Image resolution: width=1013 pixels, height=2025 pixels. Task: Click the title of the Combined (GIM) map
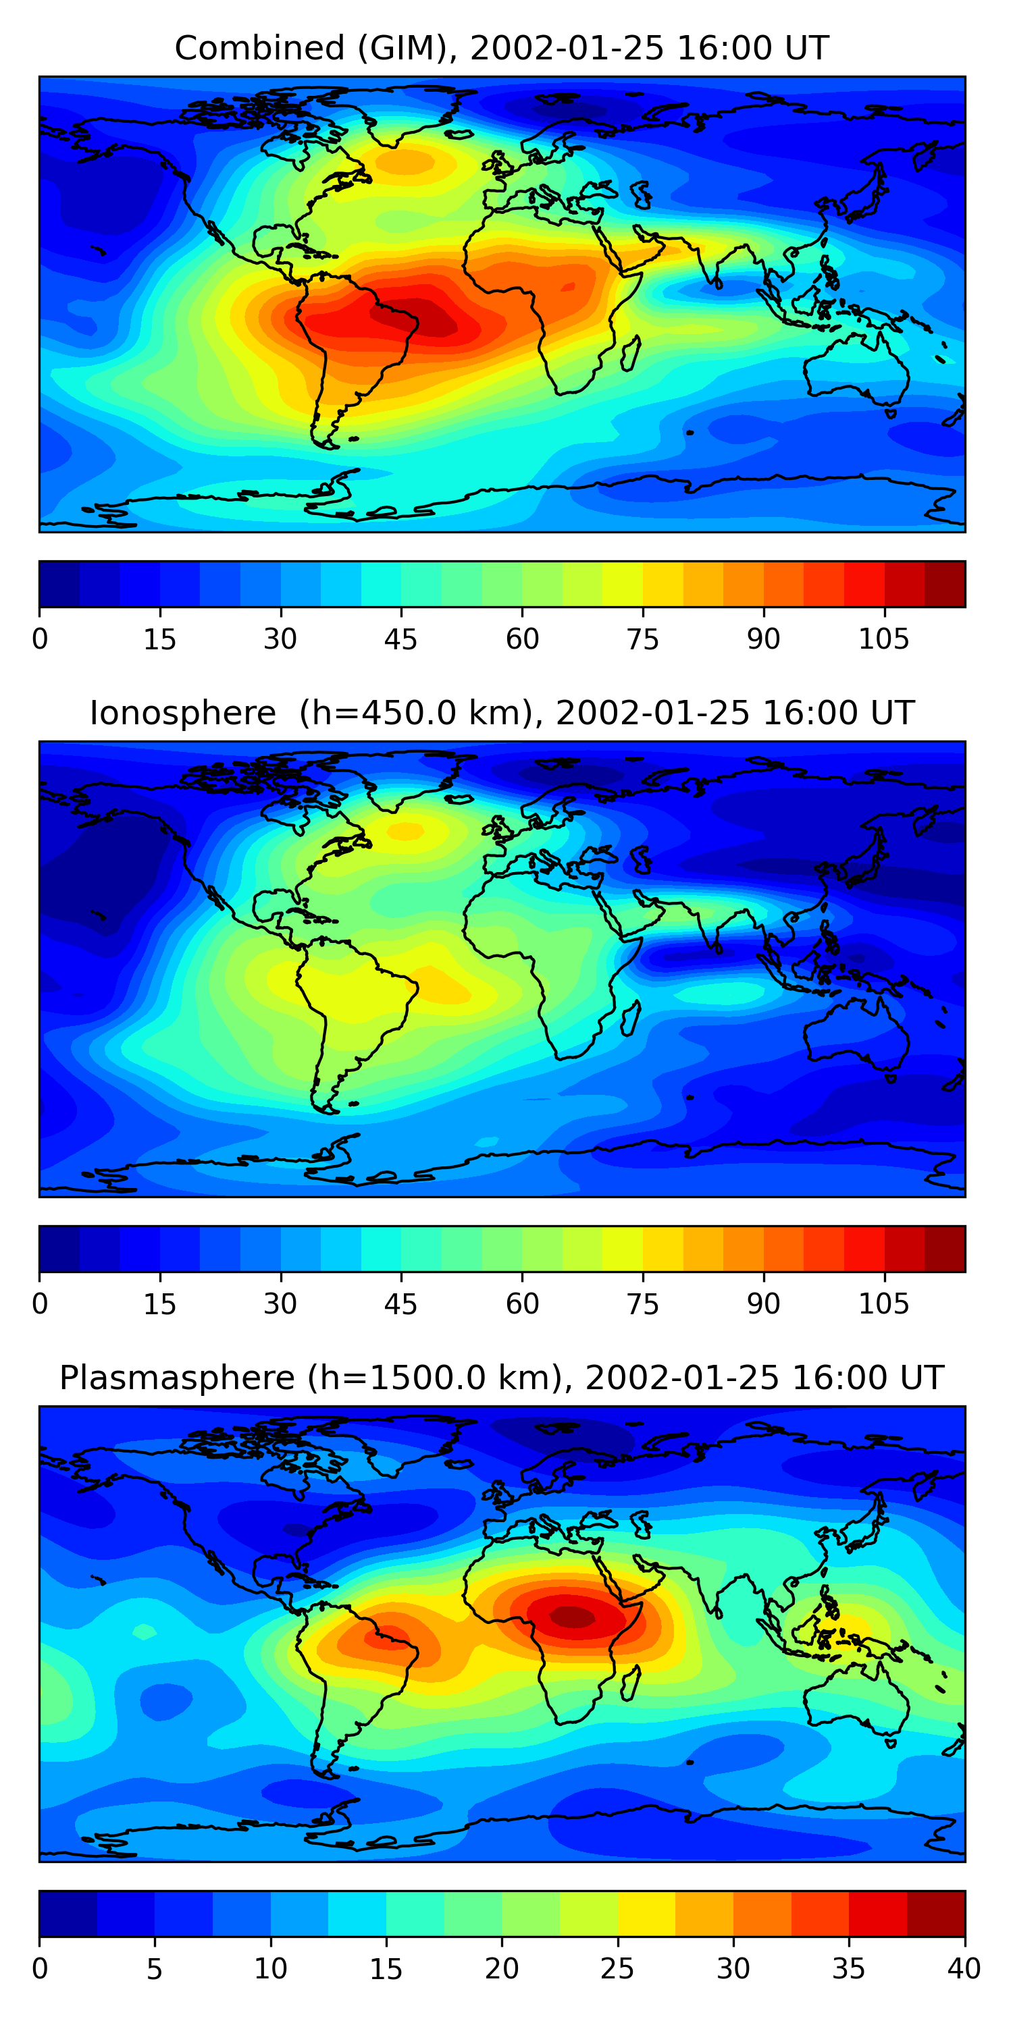[x=502, y=48]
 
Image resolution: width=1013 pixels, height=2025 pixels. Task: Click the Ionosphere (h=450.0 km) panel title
[x=502, y=713]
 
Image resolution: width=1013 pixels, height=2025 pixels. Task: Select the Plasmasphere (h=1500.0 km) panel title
[x=502, y=1378]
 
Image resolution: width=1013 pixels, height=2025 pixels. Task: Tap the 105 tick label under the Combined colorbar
[x=883, y=639]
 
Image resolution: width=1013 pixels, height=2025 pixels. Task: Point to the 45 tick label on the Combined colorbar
[x=400, y=639]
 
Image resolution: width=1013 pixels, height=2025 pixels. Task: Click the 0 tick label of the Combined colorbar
[x=40, y=639]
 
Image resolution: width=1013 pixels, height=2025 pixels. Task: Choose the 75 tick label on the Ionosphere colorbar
[x=642, y=1304]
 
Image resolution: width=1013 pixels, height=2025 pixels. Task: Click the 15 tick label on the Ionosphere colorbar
[x=159, y=1304]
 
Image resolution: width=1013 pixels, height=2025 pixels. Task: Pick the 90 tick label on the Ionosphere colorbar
[x=763, y=1304]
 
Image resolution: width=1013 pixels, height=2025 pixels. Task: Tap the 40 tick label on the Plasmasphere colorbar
[x=964, y=1969]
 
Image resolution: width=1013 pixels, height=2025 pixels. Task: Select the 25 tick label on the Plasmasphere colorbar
[x=617, y=1969]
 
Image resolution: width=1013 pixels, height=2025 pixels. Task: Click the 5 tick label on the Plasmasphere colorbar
[x=154, y=1969]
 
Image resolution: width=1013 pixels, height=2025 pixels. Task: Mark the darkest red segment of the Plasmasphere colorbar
[x=936, y=1914]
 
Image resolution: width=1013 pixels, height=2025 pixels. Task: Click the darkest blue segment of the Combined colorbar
[x=60, y=584]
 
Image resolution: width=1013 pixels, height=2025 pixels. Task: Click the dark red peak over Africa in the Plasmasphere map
[x=573, y=1617]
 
